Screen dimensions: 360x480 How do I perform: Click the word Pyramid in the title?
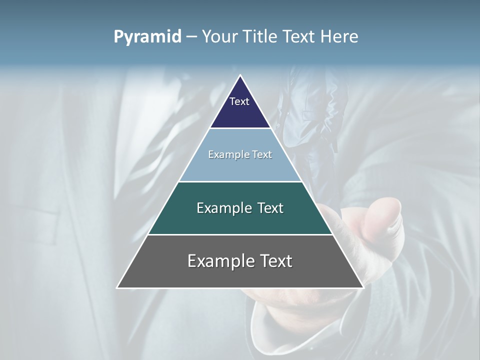147,37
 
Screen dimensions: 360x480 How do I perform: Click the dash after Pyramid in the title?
191,37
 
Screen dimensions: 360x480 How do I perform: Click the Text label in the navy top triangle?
239,101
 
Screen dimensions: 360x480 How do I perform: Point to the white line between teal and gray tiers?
240,234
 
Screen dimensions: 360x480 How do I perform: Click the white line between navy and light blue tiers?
240,128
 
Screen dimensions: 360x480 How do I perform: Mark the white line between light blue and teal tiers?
240,181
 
